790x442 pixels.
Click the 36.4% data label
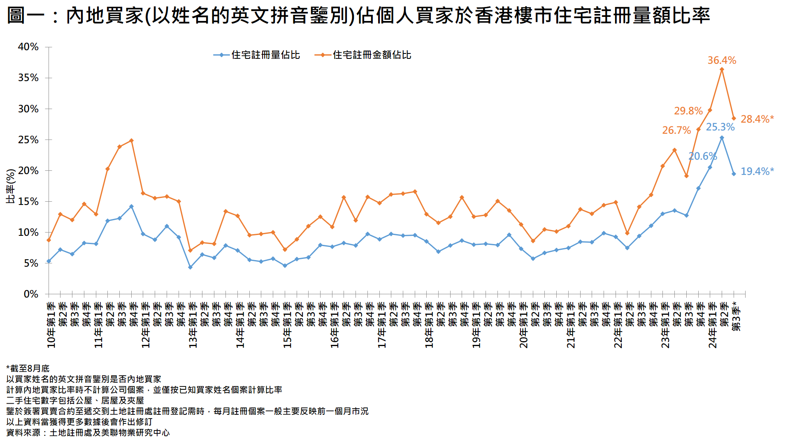[x=722, y=60]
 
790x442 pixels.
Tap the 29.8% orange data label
[x=688, y=111]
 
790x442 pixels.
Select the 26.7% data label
[x=676, y=130]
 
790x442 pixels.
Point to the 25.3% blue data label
[x=720, y=127]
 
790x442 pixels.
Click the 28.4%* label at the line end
[x=757, y=119]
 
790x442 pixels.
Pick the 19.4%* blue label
[x=757, y=172]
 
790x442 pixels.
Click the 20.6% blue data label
[x=702, y=156]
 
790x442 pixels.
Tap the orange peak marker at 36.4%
[x=722, y=70]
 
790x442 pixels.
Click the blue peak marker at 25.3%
[x=722, y=138]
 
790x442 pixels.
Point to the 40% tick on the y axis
[x=28, y=47]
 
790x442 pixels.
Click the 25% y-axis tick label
[x=28, y=140]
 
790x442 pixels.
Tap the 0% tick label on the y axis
[x=31, y=294]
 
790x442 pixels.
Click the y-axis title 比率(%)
[x=11, y=186]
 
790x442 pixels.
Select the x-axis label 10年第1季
[x=51, y=325]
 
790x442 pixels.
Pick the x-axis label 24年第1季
[x=713, y=325]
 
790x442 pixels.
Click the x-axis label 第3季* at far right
[x=737, y=316]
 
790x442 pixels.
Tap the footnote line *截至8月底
[x=28, y=368]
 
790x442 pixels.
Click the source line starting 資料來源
[x=88, y=433]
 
